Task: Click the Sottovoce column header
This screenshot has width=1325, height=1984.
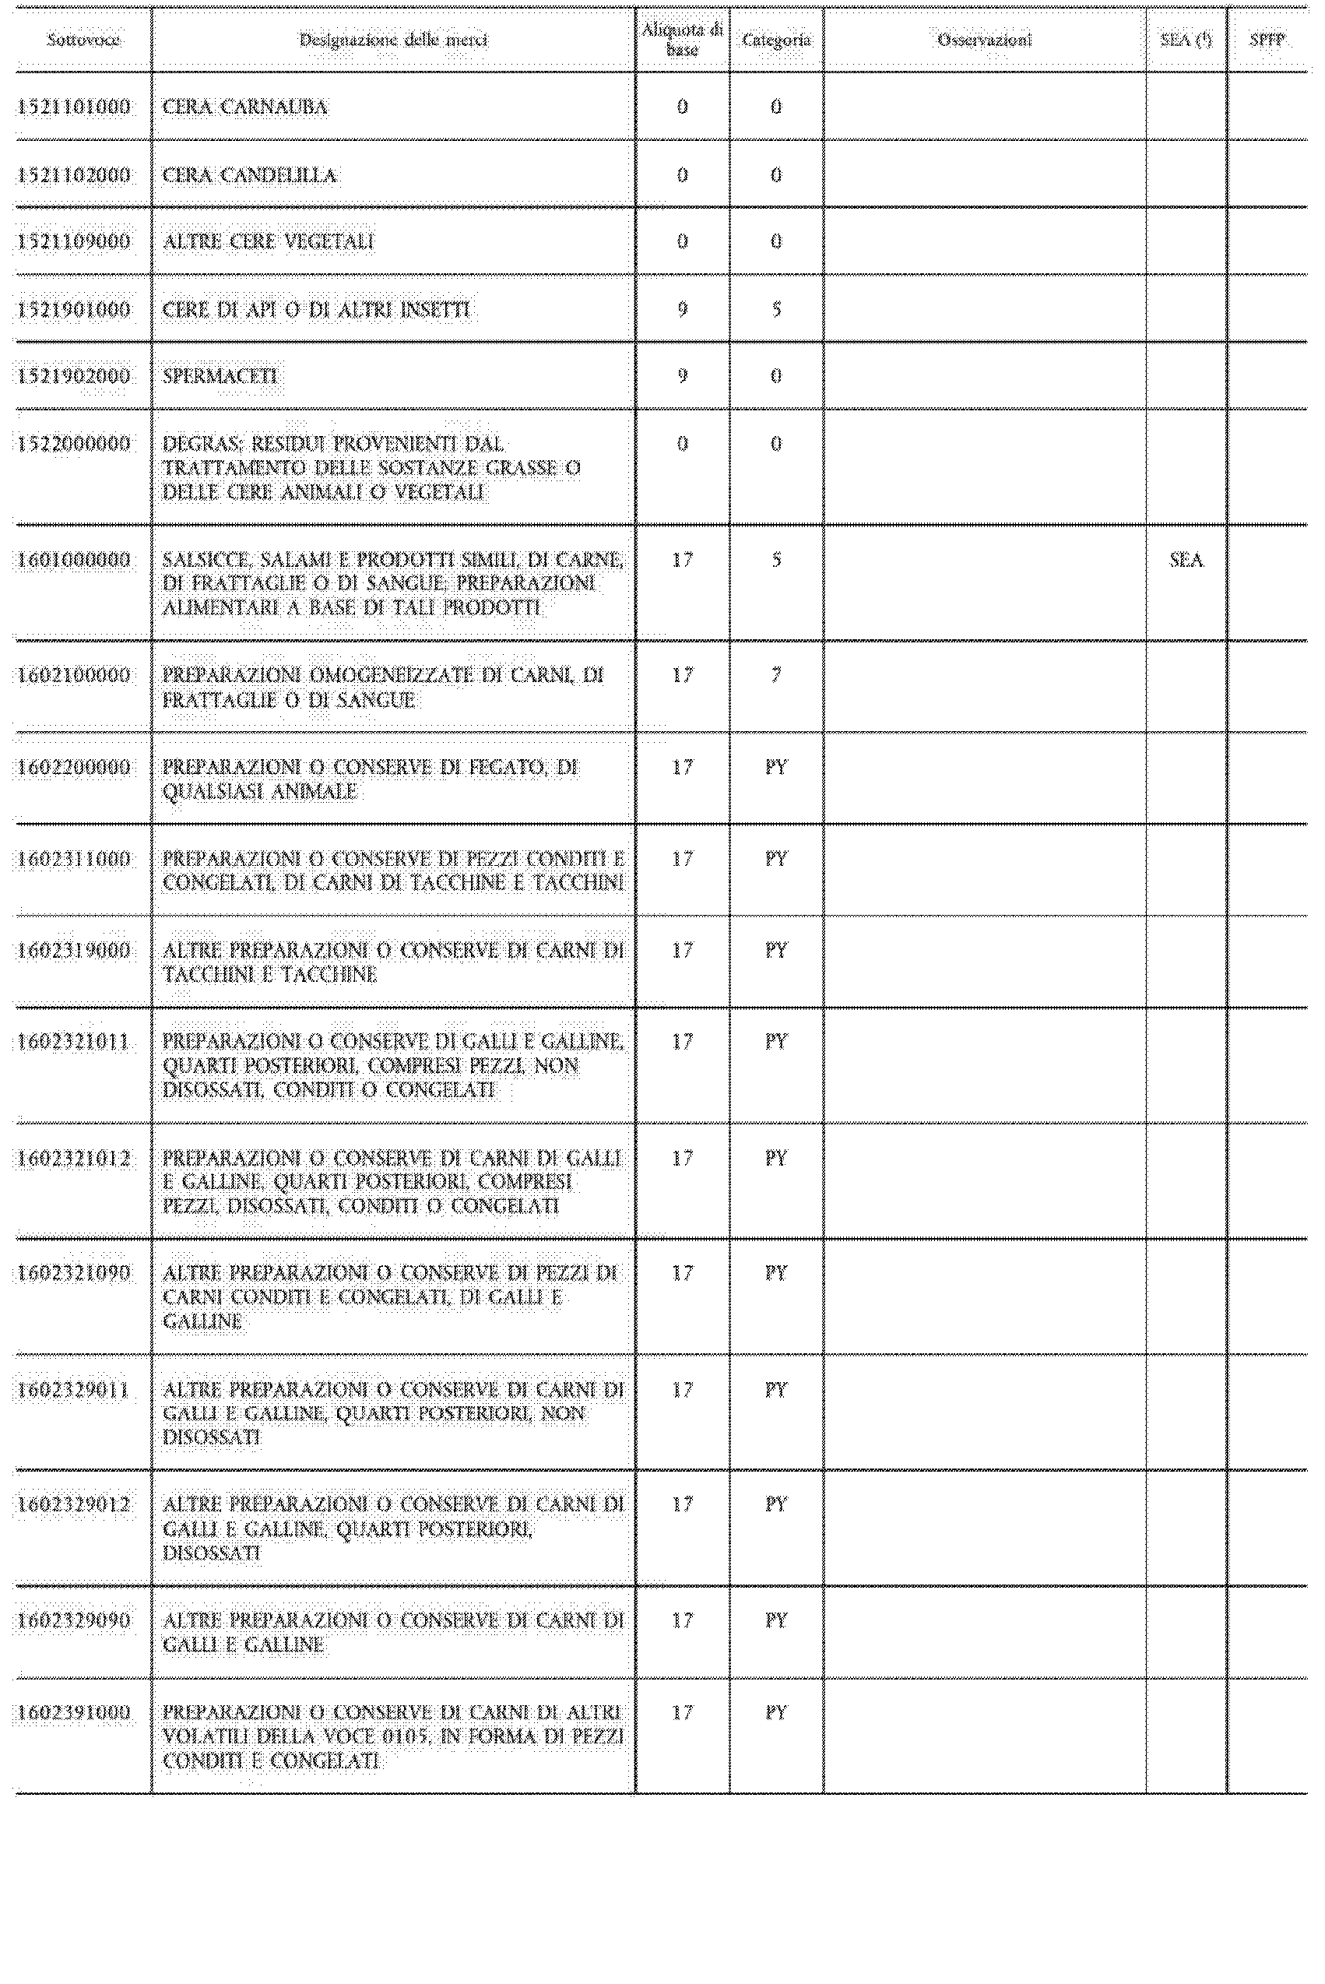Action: (x=83, y=40)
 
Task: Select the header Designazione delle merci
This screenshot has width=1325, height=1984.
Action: (x=393, y=40)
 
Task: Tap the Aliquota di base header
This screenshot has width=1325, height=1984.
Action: (x=682, y=40)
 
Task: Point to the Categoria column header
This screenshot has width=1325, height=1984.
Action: (x=775, y=40)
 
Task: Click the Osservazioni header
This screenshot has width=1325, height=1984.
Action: (x=985, y=40)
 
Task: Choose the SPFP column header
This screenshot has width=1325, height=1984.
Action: (x=1267, y=40)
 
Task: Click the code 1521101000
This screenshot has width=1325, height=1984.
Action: (x=75, y=107)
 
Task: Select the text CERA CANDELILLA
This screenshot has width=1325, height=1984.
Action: (x=249, y=176)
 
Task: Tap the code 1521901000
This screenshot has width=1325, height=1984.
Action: (x=75, y=310)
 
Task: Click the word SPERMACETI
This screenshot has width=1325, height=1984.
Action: (x=220, y=376)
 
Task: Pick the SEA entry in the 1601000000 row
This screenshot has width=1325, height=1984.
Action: (x=1186, y=560)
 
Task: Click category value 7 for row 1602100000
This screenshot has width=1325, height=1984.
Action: (x=775, y=676)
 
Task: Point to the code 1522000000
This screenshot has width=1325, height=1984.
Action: (x=75, y=445)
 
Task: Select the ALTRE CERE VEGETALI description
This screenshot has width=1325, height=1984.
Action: (x=268, y=242)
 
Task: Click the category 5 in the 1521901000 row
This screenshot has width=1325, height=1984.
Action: (x=775, y=310)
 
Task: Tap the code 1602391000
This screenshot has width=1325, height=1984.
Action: (x=75, y=1713)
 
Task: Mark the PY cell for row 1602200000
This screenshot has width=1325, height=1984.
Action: (x=775, y=768)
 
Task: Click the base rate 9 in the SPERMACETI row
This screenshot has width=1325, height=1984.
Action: (x=682, y=376)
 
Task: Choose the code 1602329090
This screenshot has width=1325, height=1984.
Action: (x=75, y=1620)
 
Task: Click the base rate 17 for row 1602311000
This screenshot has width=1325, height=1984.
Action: (x=682, y=860)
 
